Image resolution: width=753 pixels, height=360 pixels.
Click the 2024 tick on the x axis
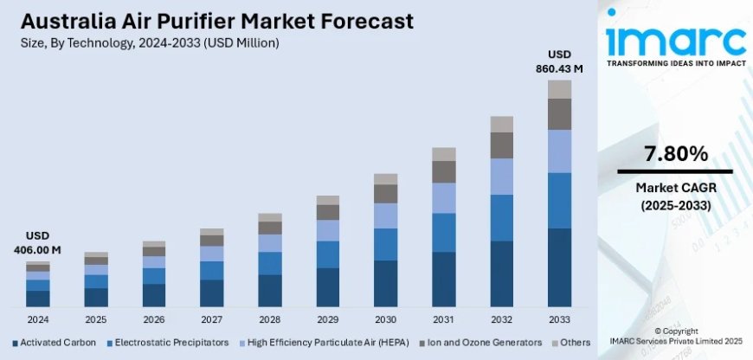coord(37,318)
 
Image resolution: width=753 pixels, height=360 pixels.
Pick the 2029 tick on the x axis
coord(327,318)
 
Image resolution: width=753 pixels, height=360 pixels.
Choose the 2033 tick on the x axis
coord(559,318)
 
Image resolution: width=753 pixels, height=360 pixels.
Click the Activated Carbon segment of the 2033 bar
coord(559,267)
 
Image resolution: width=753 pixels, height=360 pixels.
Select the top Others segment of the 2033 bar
coord(559,89)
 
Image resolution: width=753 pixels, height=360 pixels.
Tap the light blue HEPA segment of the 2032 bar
coord(501,177)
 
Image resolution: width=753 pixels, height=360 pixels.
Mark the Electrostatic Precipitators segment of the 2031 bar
coord(443,232)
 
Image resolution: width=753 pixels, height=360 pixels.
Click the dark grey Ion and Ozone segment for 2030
coord(385,194)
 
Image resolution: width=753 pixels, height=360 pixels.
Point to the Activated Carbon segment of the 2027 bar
coord(211,293)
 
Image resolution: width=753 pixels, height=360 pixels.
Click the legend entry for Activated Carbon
coord(54,342)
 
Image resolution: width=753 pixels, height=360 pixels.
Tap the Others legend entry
coord(570,342)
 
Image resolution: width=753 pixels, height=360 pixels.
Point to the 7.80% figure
coord(675,154)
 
